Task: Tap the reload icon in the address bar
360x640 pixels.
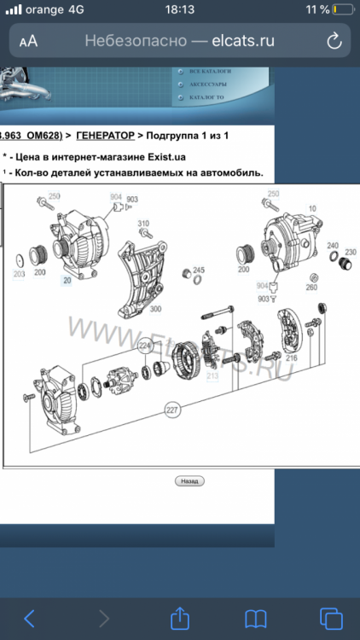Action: (x=334, y=40)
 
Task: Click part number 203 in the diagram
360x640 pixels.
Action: (x=19, y=275)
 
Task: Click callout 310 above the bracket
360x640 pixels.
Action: (x=143, y=224)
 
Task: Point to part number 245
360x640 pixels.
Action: (x=199, y=268)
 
